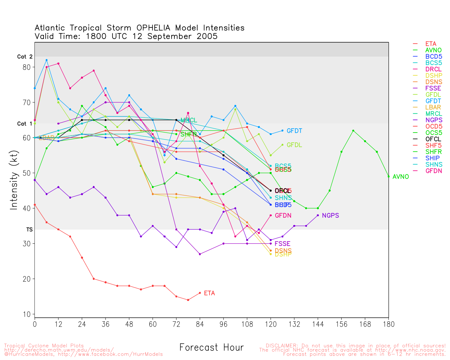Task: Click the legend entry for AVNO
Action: pyautogui.click(x=433, y=50)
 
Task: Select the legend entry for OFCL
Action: pyautogui.click(x=433, y=139)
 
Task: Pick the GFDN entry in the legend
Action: pyautogui.click(x=433, y=171)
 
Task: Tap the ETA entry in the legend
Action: pyautogui.click(x=431, y=44)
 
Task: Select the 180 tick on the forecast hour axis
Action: pyautogui.click(x=388, y=324)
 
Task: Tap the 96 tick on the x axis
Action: pyautogui.click(x=223, y=324)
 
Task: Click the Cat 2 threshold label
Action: pyautogui.click(x=25, y=57)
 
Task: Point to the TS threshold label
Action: pyautogui.click(x=29, y=230)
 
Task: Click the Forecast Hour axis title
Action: pyautogui.click(x=211, y=348)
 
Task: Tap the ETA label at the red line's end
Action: pyautogui.click(x=209, y=293)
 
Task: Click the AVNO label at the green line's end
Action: pyautogui.click(x=400, y=177)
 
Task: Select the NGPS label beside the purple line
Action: pyautogui.click(x=330, y=216)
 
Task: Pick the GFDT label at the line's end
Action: pyautogui.click(x=294, y=131)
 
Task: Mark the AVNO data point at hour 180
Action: pyautogui.click(x=388, y=176)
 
